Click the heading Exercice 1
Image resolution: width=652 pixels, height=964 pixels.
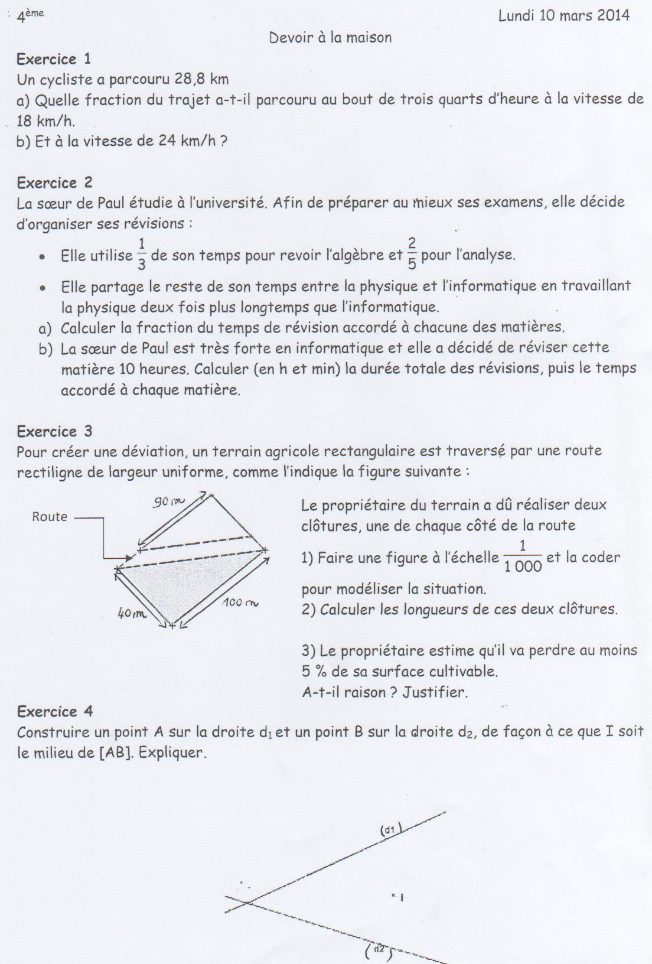coord(54,59)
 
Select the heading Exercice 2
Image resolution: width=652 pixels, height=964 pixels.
coord(54,183)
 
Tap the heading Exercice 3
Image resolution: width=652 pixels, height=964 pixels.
coord(54,431)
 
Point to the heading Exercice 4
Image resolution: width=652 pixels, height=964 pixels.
coord(55,711)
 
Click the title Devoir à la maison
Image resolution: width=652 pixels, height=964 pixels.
coord(330,38)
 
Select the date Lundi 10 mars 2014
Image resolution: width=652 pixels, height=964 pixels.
coord(564,16)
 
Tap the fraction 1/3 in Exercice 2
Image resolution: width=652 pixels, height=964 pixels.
coord(141,254)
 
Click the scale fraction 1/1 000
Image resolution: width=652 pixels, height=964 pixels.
coord(523,557)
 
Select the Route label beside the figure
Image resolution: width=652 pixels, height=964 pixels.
coord(50,517)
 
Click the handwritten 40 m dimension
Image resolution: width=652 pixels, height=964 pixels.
coord(132,614)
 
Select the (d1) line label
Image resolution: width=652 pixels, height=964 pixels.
coord(390,829)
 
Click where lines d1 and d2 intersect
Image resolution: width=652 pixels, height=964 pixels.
coord(247,902)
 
